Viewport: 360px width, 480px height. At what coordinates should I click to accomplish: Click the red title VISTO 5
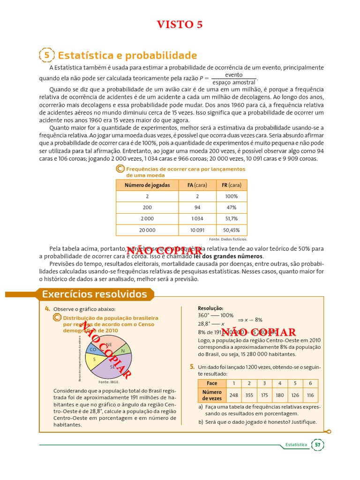click(180, 25)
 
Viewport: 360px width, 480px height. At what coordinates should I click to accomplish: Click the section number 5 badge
click(46, 55)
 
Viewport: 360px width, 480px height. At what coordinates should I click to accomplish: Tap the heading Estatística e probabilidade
click(127, 55)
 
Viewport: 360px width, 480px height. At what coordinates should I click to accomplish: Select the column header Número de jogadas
click(147, 185)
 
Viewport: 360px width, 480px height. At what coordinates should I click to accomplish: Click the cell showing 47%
click(231, 208)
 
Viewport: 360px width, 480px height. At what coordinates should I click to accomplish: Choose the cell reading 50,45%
click(231, 230)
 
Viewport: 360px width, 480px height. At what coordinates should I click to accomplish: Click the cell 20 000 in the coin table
click(147, 230)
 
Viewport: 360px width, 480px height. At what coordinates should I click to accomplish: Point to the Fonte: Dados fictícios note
click(228, 239)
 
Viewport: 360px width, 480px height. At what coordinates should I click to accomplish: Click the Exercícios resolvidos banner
click(94, 294)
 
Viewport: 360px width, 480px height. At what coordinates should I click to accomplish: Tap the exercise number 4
click(47, 308)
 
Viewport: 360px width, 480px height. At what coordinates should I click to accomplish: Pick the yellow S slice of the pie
click(95, 360)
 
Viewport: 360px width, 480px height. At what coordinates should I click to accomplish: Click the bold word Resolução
click(210, 308)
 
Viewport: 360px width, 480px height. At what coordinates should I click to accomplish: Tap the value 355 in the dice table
click(249, 395)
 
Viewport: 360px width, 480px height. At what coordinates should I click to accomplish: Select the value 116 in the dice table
click(310, 395)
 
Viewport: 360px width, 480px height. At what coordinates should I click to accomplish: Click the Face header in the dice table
click(212, 383)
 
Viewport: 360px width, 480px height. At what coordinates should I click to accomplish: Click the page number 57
click(318, 444)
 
